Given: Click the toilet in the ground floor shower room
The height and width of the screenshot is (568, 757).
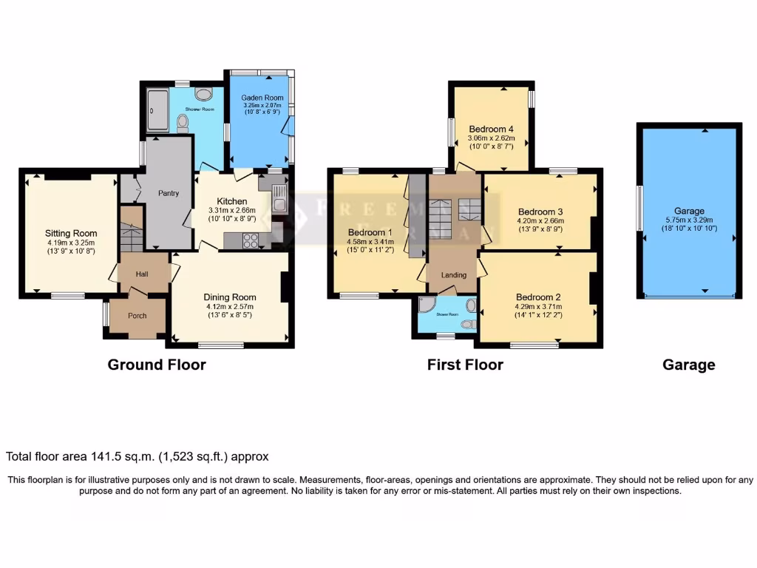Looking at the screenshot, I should tap(183, 124).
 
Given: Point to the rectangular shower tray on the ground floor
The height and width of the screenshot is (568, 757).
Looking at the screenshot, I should tap(157, 110).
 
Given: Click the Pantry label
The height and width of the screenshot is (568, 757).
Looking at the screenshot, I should tap(169, 194).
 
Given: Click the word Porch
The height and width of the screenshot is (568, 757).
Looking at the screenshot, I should tap(138, 316).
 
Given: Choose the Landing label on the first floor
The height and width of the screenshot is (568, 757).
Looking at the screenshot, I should tap(454, 275).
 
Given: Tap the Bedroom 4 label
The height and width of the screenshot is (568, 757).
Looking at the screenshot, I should tap(491, 129).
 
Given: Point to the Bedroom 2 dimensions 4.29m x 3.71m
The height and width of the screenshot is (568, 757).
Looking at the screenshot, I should tap(538, 305).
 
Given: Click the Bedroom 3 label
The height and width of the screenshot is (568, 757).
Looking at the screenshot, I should tap(540, 210).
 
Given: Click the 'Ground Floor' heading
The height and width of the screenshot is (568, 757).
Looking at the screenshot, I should tap(157, 365).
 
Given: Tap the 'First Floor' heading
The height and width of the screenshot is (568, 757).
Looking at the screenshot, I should tap(465, 365).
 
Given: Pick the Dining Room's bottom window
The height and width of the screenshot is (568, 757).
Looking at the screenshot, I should tap(221, 345).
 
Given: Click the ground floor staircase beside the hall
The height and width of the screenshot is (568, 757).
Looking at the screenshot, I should tap(132, 235).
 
